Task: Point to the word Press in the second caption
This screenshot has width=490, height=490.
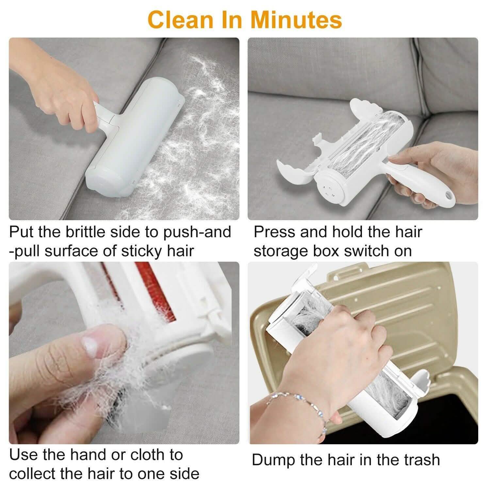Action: click(x=274, y=232)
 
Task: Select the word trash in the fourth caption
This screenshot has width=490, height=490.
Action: click(x=422, y=460)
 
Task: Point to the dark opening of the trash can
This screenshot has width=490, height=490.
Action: click(x=448, y=421)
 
